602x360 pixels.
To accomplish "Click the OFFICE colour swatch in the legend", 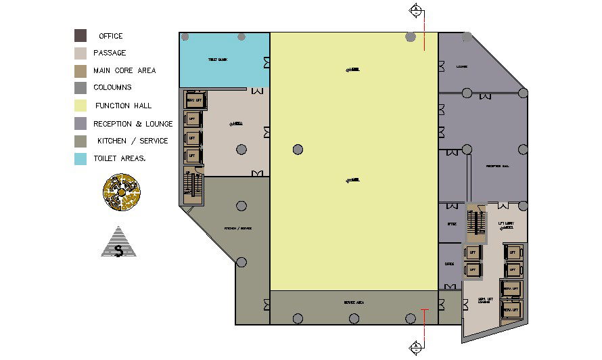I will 80,35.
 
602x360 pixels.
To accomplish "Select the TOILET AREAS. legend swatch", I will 80,159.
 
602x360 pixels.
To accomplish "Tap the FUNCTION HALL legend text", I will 123,106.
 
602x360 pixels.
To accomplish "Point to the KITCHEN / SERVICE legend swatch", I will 80,141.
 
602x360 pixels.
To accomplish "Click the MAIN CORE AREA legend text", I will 124,70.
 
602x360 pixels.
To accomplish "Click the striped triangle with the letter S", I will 119,242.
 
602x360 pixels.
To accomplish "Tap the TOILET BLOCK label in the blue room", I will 217,60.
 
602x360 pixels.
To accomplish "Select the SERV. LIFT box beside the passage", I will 195,101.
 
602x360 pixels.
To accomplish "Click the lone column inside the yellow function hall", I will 298,150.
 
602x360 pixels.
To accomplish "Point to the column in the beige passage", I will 241,150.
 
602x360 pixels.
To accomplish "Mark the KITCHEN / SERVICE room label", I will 238,229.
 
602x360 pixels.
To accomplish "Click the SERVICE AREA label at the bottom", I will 354,302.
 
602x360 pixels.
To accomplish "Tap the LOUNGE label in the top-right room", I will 462,66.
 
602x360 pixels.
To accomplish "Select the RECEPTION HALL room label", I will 497,166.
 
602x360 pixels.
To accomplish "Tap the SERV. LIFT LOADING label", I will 484,300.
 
